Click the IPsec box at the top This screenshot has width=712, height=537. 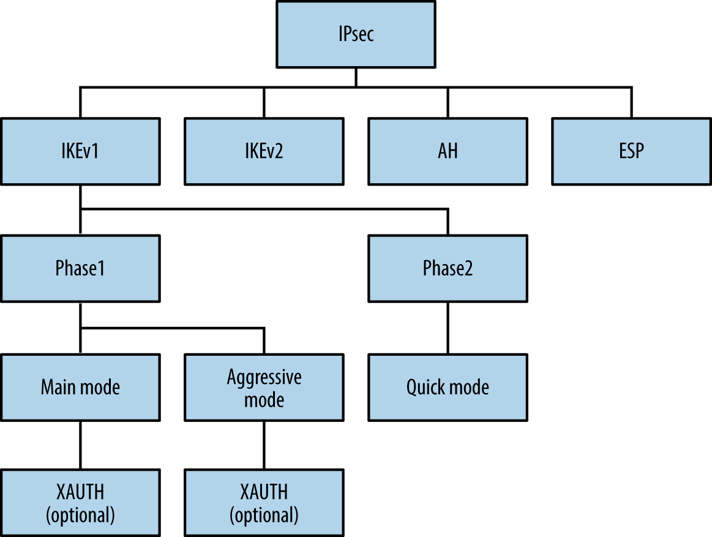click(x=356, y=34)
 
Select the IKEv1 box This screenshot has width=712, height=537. click(x=80, y=151)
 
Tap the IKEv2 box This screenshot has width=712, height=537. click(x=264, y=151)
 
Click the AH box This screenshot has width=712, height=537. click(x=448, y=151)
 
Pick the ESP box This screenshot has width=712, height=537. click(x=631, y=151)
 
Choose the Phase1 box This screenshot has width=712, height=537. click(x=80, y=268)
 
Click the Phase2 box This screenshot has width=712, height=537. click(x=448, y=268)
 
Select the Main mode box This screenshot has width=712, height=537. click(x=80, y=387)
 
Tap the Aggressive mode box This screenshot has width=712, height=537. click(x=264, y=387)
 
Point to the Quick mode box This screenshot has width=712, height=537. click(x=448, y=387)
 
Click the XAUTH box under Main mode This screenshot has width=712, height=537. click(x=80, y=503)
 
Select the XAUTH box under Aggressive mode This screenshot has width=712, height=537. click(x=264, y=503)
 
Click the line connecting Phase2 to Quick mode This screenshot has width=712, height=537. click(x=448, y=328)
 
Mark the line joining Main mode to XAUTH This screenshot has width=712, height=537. click(x=80, y=445)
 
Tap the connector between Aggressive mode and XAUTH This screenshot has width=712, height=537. click(x=264, y=445)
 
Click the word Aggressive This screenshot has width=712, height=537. click(x=264, y=377)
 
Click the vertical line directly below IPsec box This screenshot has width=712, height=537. click(x=356, y=77)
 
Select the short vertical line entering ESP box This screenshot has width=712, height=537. click(x=631, y=102)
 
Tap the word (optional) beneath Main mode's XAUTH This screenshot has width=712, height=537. click(x=80, y=515)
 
